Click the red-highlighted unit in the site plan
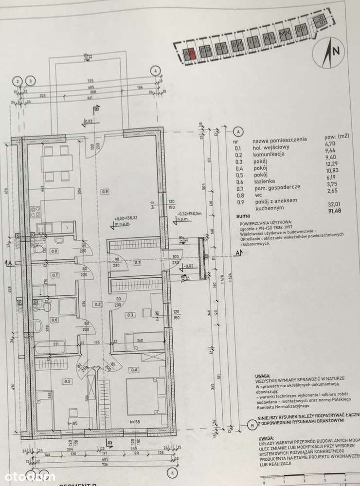tap(193, 53)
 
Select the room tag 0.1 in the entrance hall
tap(137, 263)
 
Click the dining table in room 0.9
tap(57, 163)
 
